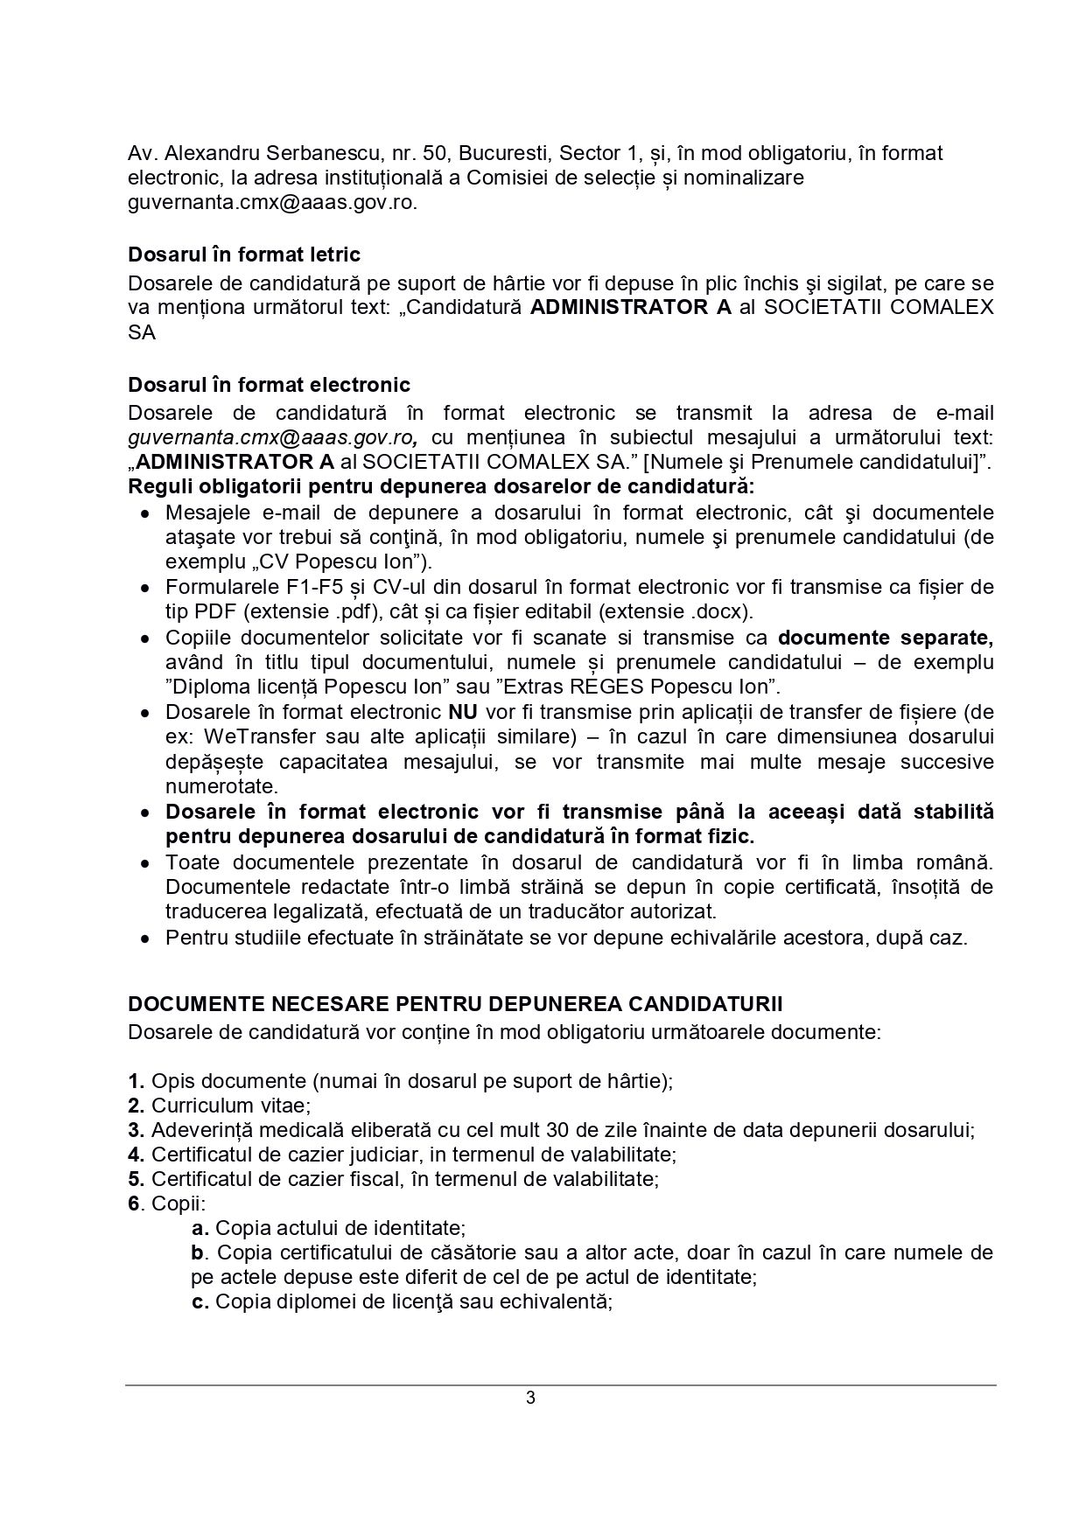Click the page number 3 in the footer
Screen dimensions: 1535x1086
530,1397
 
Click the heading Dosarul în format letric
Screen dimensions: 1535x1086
244,255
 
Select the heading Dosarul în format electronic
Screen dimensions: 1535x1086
269,385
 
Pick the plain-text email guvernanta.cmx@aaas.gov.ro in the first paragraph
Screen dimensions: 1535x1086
272,203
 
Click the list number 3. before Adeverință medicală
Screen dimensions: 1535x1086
136,1129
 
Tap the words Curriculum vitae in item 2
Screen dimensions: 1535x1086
231,1105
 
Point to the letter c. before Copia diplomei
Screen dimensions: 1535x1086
200,1301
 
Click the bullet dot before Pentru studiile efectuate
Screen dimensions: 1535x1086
146,938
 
